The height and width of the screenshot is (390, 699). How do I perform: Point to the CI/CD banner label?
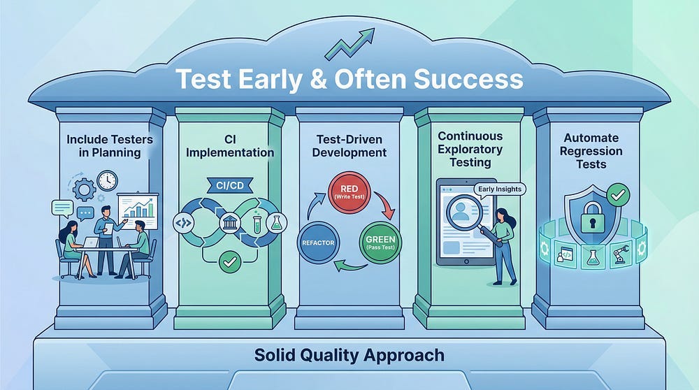[x=230, y=185]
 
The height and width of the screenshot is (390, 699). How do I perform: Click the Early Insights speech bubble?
[x=499, y=189]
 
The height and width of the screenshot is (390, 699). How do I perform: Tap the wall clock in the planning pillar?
[x=107, y=180]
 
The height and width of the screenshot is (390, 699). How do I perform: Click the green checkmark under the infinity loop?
[x=230, y=262]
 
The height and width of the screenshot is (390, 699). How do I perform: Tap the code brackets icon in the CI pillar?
[x=182, y=223]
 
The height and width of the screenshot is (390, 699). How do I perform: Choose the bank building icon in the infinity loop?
[x=230, y=223]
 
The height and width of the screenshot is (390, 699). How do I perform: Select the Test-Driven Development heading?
[x=349, y=146]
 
